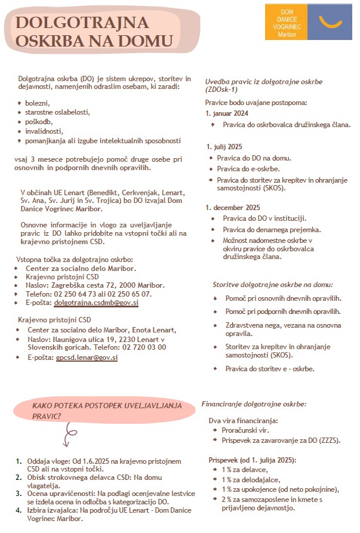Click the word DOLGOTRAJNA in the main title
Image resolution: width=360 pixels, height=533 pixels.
click(82, 23)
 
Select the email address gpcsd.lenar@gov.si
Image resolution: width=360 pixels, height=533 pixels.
click(87, 358)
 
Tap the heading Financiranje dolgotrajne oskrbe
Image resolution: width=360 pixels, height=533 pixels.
click(254, 404)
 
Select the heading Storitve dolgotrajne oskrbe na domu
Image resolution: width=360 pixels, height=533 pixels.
click(273, 285)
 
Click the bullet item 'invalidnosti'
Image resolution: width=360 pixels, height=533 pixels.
click(44, 131)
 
